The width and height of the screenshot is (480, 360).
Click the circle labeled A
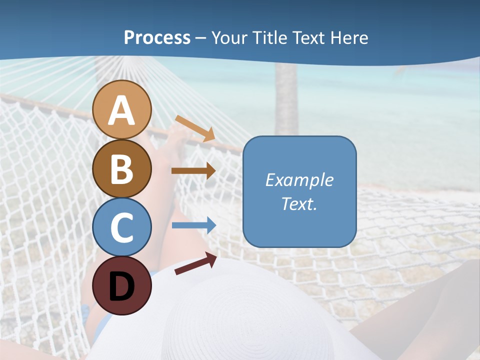(x=122, y=109)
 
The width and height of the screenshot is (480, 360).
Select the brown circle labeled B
(x=122, y=168)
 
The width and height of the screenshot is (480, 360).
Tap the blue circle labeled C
(x=122, y=227)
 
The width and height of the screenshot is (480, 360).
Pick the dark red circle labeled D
(x=122, y=285)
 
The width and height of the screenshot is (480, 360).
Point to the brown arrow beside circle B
(x=193, y=171)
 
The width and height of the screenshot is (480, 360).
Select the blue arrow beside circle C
(x=193, y=225)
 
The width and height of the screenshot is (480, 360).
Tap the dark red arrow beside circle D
(x=195, y=263)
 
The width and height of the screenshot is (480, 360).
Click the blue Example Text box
(x=299, y=192)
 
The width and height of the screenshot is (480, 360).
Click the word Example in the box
(x=299, y=180)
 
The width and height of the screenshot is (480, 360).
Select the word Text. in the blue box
(x=299, y=204)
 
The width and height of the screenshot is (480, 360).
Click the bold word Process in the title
(x=157, y=37)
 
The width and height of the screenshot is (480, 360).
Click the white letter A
(x=122, y=110)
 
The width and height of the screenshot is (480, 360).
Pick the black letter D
(x=122, y=286)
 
